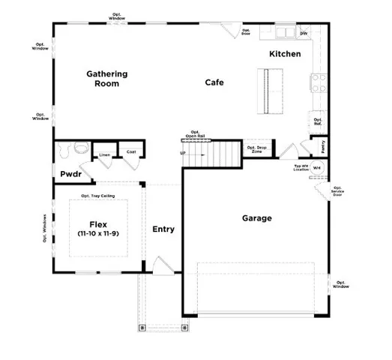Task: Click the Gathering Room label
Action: (x=106, y=79)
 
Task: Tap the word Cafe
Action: (x=214, y=82)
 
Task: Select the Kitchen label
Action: (x=285, y=54)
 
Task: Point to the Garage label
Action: (x=256, y=218)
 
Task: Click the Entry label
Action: (x=163, y=229)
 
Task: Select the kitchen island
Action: (x=267, y=91)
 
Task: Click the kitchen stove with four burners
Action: (x=317, y=82)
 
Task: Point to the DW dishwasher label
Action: (x=304, y=34)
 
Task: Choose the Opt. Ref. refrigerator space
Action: (x=318, y=121)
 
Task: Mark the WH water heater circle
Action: (x=317, y=169)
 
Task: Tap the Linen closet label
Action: (x=105, y=155)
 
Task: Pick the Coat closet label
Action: (x=131, y=152)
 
